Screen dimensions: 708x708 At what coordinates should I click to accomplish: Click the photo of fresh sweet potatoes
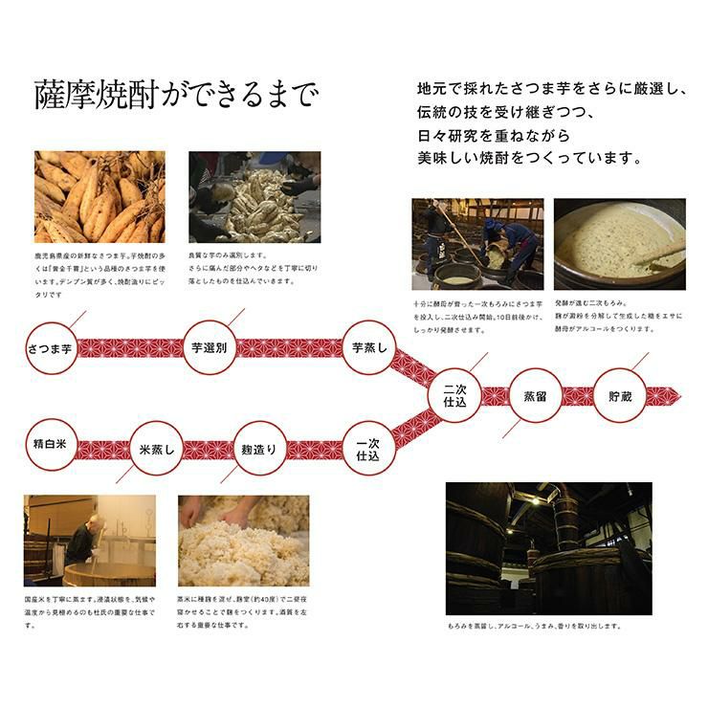[x=99, y=197]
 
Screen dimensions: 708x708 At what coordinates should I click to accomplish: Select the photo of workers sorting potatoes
[x=254, y=197]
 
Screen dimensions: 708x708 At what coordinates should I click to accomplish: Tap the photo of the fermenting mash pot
[x=619, y=244]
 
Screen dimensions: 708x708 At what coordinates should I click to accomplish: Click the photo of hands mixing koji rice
[x=243, y=541]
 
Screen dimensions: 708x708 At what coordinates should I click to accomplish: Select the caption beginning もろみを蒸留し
[x=534, y=627]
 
